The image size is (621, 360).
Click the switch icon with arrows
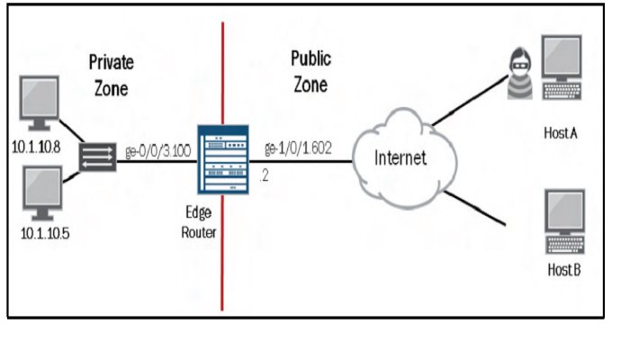click(94, 159)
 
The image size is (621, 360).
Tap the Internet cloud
click(400, 160)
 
